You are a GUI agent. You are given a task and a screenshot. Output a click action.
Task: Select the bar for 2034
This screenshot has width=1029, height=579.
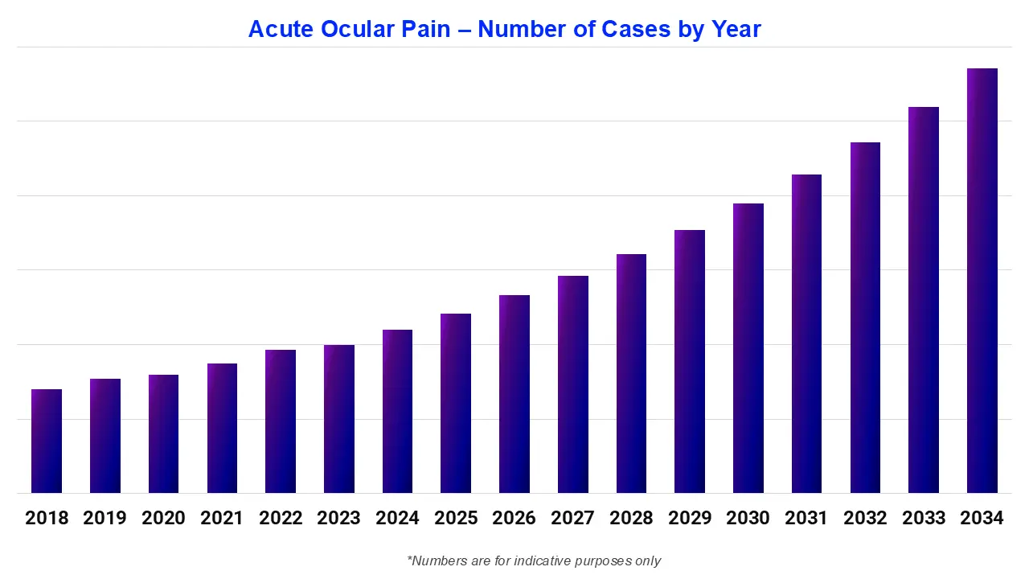pos(982,281)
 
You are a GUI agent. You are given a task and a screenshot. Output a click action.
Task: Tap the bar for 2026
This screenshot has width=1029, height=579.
pos(514,394)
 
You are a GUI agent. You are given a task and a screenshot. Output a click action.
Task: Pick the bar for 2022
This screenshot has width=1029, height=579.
pos(281,421)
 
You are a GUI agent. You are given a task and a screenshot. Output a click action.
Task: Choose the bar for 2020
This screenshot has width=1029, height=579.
pos(163,433)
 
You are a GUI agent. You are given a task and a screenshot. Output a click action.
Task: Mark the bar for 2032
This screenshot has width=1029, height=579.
pos(865,318)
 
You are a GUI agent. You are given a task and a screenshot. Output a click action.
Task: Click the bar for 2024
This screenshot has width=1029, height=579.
pos(397,411)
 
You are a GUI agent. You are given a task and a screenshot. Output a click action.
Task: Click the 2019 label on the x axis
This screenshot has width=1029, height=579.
pos(105,518)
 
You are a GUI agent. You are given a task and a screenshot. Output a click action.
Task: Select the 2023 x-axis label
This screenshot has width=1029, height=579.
pos(338,518)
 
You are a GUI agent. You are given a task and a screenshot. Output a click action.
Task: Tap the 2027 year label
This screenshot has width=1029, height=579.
pos(572,518)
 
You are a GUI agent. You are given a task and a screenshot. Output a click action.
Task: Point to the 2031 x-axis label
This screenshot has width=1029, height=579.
pos(806,518)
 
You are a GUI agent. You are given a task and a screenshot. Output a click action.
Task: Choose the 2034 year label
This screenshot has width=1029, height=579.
pos(982,518)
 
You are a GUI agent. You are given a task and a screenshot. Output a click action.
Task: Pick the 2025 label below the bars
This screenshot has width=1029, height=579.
pos(456,518)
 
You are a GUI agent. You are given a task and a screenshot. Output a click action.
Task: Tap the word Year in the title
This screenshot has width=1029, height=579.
pos(736,30)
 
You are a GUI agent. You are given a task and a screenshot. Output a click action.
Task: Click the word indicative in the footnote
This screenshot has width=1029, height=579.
pos(527,561)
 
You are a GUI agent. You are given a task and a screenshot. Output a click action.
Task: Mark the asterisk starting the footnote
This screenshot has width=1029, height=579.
pos(410,558)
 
